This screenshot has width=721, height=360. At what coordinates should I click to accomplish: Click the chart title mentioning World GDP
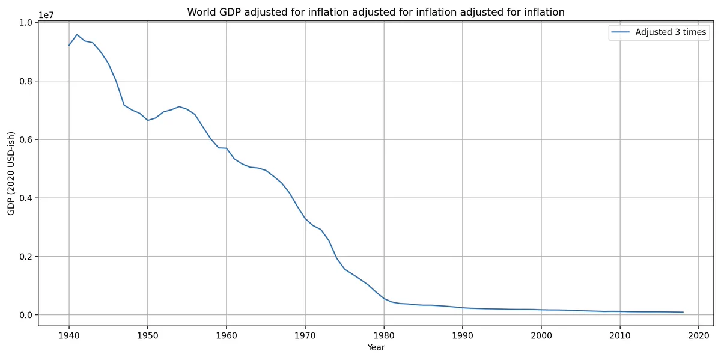(x=376, y=12)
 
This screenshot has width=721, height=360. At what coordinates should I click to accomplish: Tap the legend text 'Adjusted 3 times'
(x=671, y=32)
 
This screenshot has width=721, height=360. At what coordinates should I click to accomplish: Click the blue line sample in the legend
(x=620, y=32)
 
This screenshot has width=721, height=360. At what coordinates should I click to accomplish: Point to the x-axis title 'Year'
(x=376, y=347)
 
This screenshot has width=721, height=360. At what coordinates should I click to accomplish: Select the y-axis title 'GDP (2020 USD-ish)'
(x=11, y=173)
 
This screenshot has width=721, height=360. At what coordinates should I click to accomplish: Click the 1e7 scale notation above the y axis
(x=46, y=15)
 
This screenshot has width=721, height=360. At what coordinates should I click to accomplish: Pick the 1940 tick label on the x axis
(x=69, y=335)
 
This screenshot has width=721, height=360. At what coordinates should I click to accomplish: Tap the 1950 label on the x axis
(x=147, y=335)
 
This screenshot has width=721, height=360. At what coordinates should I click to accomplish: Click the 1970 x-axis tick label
(x=305, y=335)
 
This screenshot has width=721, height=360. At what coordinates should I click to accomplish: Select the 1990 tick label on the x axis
(x=463, y=335)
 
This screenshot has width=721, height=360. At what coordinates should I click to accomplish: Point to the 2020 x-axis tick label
(x=698, y=335)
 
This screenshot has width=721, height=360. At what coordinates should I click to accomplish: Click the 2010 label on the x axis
(x=620, y=335)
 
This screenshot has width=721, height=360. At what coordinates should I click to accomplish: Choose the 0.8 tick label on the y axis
(x=26, y=81)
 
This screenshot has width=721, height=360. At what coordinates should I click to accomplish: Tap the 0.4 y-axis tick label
(x=26, y=198)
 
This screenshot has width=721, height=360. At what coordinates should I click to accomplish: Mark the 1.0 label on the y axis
(x=26, y=23)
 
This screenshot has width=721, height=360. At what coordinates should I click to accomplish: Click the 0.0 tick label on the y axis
(x=26, y=315)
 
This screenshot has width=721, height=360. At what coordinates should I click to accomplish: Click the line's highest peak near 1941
(x=77, y=34)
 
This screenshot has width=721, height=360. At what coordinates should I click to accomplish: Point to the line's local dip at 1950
(x=147, y=120)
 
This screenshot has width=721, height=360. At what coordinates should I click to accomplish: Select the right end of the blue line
(x=683, y=312)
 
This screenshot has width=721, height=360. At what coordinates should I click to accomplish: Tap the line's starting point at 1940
(x=69, y=46)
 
